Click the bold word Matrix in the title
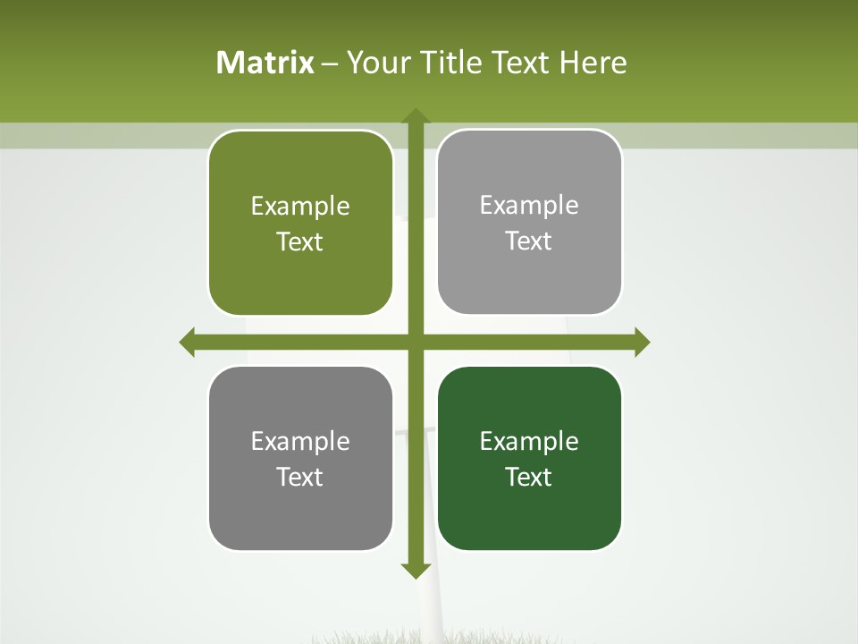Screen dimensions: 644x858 click(x=265, y=63)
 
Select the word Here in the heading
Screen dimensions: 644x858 click(x=593, y=63)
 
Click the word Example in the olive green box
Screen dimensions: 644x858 click(x=300, y=207)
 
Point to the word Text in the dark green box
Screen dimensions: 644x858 click(x=529, y=477)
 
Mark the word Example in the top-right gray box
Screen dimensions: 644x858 click(x=529, y=206)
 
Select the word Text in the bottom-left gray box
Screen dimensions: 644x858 click(x=300, y=477)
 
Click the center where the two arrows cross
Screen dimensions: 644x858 click(x=415, y=342)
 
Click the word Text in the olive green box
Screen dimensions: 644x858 click(x=300, y=242)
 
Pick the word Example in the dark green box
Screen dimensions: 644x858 click(x=529, y=441)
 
